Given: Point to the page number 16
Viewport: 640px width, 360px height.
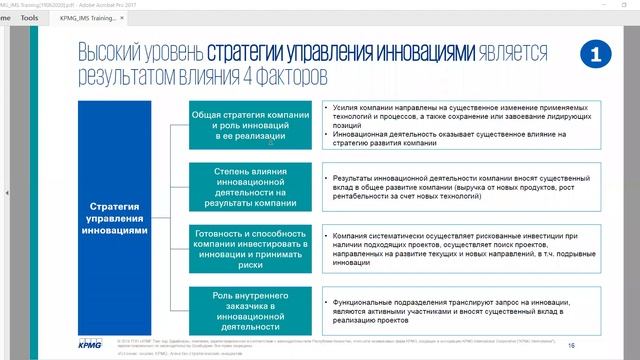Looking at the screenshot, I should click(x=572, y=343).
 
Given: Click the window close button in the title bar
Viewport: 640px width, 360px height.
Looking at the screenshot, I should click(x=629, y=5).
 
